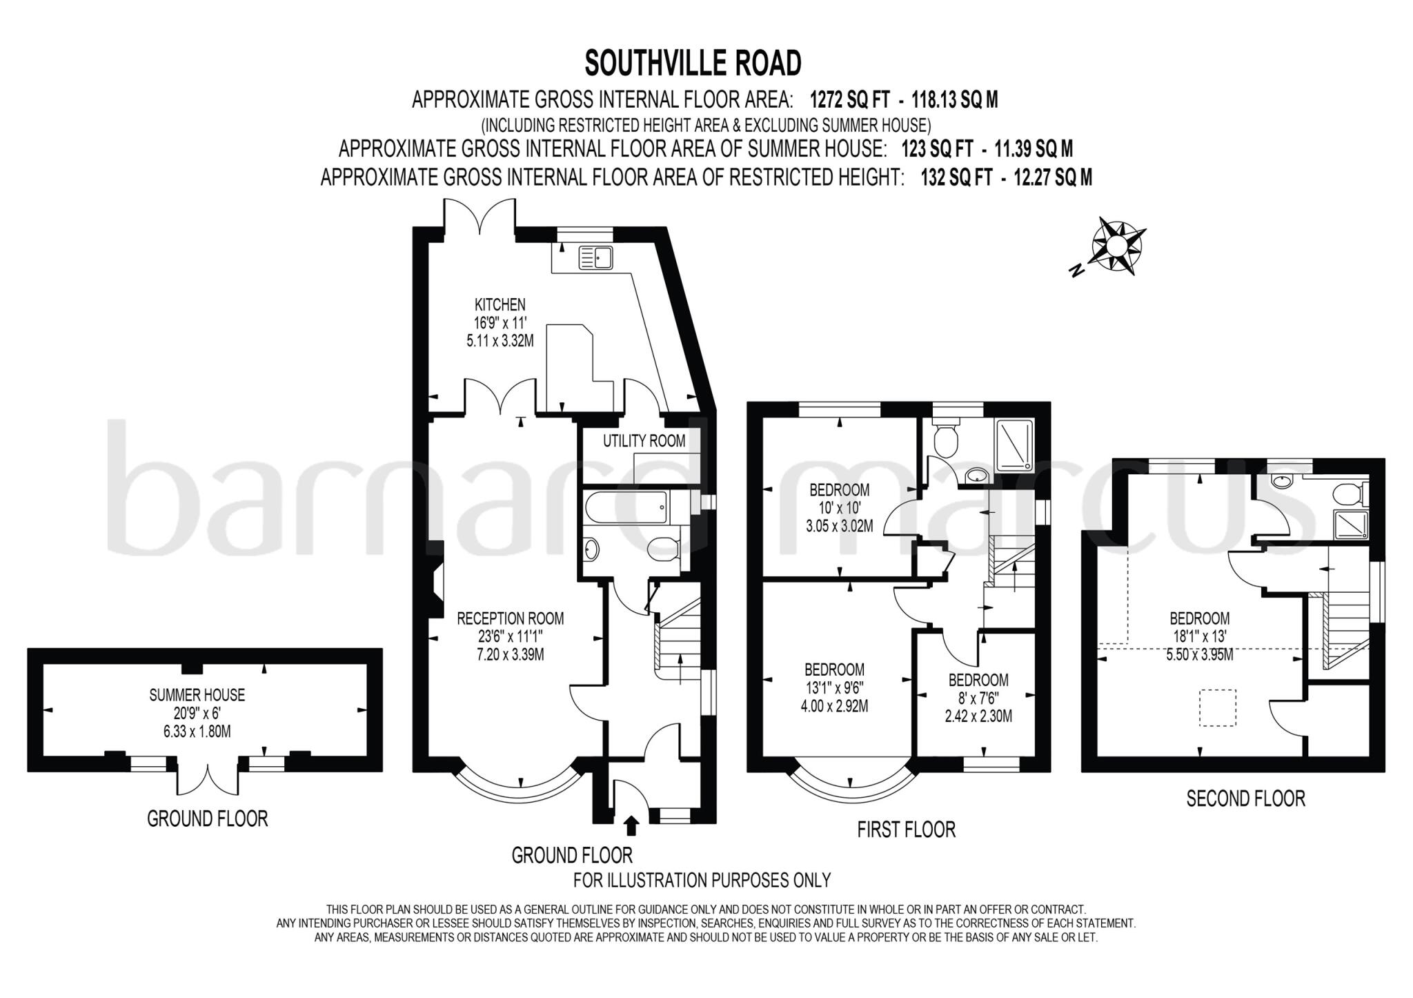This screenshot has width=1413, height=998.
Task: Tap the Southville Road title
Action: [693, 63]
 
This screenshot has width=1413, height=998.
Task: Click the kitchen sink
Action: [595, 258]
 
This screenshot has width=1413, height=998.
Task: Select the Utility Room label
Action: [644, 441]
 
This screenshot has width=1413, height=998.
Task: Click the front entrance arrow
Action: [631, 825]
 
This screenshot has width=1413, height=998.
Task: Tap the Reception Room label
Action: [511, 619]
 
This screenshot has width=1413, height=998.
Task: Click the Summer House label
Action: [197, 695]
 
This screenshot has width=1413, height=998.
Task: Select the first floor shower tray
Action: [1013, 446]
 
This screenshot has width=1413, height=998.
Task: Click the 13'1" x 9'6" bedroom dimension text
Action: [834, 687]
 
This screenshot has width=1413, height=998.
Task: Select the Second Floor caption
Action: [1245, 799]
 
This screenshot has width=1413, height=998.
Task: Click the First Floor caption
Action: [906, 830]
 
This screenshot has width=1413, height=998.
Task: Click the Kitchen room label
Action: [500, 304]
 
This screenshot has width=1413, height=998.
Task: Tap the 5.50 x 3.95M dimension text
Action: [1199, 655]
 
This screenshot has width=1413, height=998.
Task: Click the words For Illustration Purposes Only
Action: [702, 880]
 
